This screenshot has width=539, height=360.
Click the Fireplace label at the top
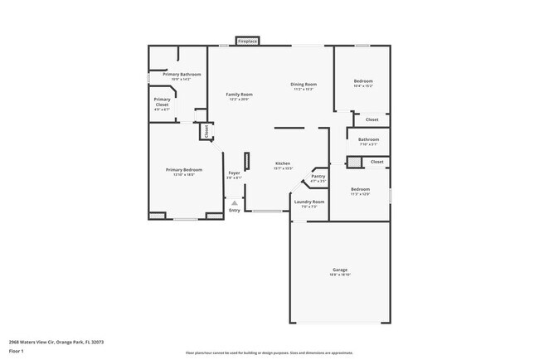pos(247,41)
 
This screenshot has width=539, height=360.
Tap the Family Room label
pos(240,95)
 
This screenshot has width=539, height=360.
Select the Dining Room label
pos(303,84)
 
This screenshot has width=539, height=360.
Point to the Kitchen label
pos(283,163)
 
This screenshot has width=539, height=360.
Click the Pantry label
pos(318,176)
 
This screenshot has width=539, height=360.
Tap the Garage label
pos(340,270)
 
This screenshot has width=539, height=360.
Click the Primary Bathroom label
pos(182,75)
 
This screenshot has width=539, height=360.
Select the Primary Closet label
pos(162,102)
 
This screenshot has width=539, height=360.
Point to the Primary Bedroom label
pos(183,169)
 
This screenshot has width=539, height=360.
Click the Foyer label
pos(235,173)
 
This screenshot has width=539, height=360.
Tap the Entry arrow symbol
pos(235,202)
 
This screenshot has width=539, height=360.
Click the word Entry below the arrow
pos(235,210)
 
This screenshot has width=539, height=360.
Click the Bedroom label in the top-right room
pos(363,80)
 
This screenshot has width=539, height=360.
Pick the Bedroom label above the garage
pos(361,189)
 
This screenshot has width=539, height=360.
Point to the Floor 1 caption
pos(17,351)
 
